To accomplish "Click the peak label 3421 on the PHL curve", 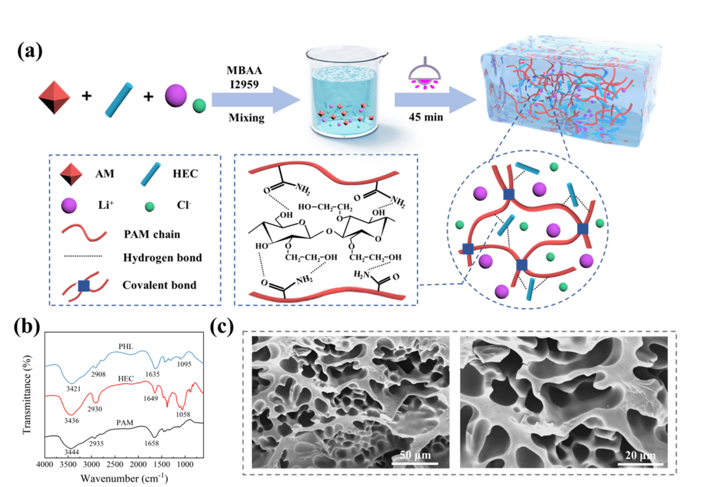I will pyautogui.click(x=78, y=386).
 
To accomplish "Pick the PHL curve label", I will pyautogui.click(x=127, y=346).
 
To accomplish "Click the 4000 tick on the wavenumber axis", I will pyautogui.click(x=45, y=466).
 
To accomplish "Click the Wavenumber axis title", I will pyautogui.click(x=124, y=479).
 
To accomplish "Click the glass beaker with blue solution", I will pyautogui.click(x=341, y=91).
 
